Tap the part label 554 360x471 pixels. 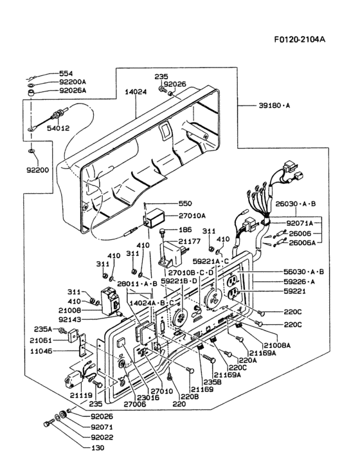(x=66, y=74)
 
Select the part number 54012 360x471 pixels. (x=57, y=129)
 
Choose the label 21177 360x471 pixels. (x=189, y=241)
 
